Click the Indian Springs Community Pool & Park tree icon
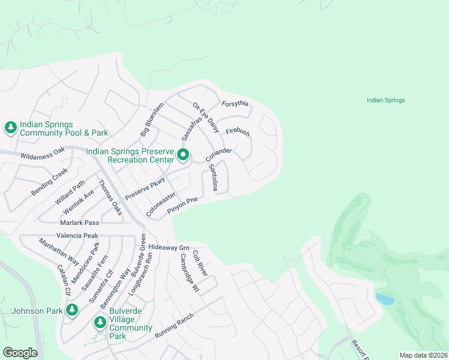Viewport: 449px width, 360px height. pos(10,127)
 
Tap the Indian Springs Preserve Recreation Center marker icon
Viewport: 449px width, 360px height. pos(183,156)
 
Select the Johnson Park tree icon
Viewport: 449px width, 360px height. pos(72,310)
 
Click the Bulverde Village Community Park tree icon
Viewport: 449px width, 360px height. pos(100,323)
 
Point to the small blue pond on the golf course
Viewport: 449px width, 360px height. pos(385,299)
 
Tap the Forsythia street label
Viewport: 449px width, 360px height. pos(235,103)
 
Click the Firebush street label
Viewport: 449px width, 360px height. pos(238,131)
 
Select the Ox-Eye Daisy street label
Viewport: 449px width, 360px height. pos(206,117)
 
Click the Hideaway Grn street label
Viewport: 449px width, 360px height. pos(169,247)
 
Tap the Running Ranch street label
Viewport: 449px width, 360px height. pos(174,326)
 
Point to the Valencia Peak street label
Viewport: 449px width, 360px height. pos(77,236)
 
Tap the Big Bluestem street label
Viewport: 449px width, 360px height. pos(152,119)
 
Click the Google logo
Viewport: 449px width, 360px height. pos(20,353)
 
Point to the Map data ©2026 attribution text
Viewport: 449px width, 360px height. pos(423,355)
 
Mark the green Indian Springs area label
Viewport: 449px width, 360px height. pos(385,100)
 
